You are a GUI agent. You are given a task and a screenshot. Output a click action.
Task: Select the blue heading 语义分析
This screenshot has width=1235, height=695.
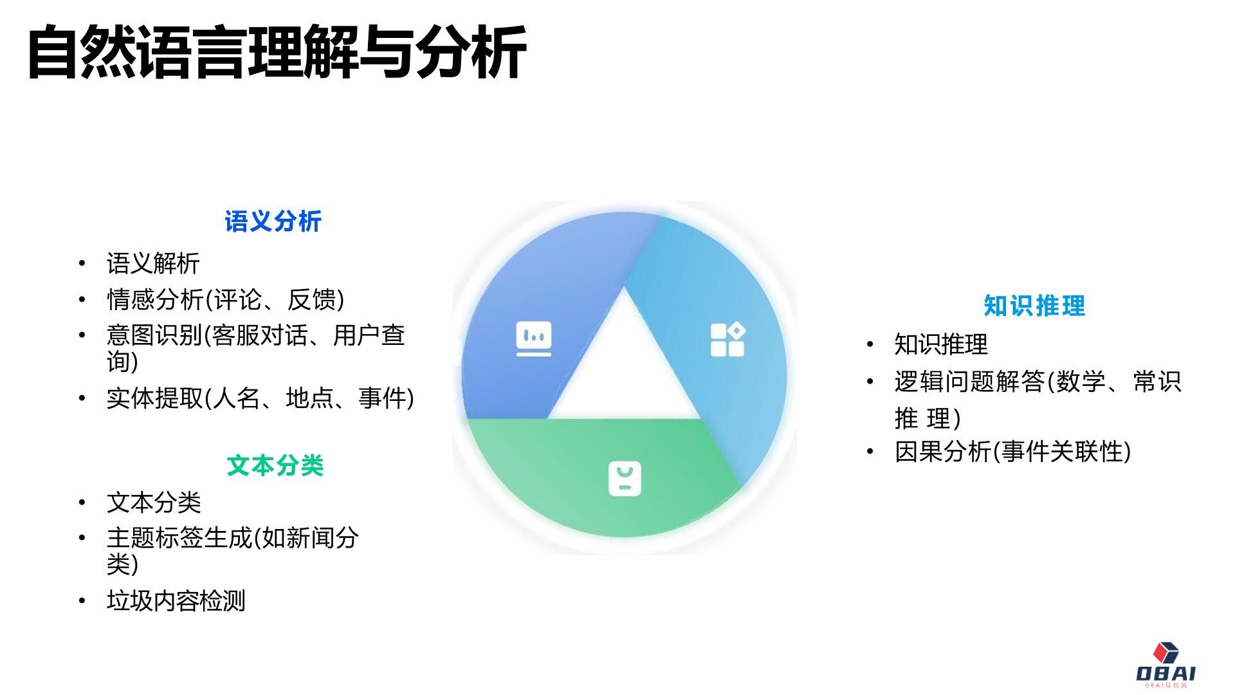(x=273, y=221)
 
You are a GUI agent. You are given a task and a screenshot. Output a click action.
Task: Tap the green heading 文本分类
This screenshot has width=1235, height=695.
(x=275, y=465)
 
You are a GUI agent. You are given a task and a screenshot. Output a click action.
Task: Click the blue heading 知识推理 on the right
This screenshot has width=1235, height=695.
(x=1034, y=306)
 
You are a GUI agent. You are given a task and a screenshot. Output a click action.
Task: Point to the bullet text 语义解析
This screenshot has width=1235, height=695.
(x=153, y=263)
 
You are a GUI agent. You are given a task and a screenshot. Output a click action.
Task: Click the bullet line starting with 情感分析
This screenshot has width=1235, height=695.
(x=225, y=300)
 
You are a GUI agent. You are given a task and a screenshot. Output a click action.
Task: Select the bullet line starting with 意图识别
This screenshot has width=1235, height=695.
(x=255, y=336)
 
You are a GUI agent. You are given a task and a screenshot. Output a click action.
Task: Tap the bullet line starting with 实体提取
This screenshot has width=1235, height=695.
(x=260, y=398)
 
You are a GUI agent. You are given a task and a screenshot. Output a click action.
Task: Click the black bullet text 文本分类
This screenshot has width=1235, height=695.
(x=154, y=503)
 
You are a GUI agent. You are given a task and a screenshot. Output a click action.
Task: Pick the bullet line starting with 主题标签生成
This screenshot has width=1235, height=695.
(x=233, y=538)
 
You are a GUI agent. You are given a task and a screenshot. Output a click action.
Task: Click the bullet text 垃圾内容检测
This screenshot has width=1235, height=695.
(x=176, y=600)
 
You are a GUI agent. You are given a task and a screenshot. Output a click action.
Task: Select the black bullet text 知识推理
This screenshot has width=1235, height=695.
(x=940, y=344)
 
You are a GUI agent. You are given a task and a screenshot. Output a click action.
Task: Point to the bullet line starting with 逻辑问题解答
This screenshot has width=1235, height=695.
(x=1037, y=382)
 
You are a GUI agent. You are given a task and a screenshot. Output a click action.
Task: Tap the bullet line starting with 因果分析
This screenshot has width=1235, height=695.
(x=1012, y=451)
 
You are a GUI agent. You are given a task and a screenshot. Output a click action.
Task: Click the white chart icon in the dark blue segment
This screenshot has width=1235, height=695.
(x=534, y=338)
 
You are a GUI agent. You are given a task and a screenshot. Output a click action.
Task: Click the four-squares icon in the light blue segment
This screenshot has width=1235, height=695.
(x=727, y=339)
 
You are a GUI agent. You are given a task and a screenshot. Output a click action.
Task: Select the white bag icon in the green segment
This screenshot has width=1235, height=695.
(x=625, y=479)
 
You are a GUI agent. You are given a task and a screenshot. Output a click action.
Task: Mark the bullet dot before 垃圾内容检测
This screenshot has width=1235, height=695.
(x=82, y=601)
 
